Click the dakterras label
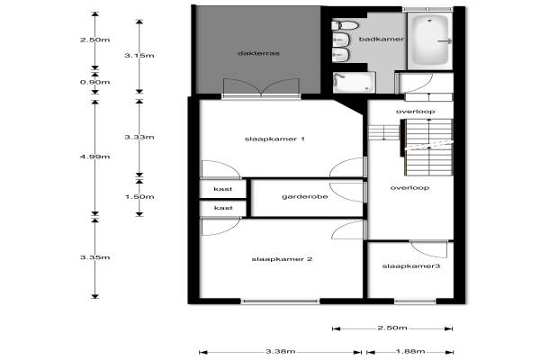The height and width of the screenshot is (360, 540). click(258, 53)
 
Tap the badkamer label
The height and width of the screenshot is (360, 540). click(382, 39)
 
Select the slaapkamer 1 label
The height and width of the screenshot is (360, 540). click(274, 139)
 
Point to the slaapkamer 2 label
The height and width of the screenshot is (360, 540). click(282, 259)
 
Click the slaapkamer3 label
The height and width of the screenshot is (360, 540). click(411, 266)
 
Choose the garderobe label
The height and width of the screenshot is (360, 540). click(305, 197)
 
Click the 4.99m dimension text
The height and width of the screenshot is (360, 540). click(95, 157)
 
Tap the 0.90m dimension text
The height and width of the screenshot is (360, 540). click(95, 82)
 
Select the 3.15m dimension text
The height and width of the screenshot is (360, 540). click(139, 56)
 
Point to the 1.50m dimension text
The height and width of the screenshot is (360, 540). click(139, 197)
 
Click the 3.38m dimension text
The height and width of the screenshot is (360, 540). click(281, 351)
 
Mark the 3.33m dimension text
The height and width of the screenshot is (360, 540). click(139, 137)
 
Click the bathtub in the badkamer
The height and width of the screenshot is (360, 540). click(430, 40)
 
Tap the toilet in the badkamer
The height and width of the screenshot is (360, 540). click(345, 25)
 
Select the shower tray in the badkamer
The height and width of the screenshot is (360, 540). click(354, 83)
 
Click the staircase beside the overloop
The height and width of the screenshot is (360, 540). click(427, 147)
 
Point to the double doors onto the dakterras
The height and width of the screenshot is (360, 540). click(261, 88)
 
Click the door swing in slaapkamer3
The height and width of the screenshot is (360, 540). click(429, 249)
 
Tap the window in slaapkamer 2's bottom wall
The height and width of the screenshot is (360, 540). click(280, 301)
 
